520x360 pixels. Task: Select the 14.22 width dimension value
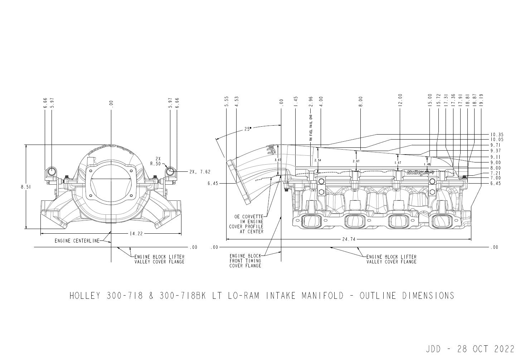pos(135,234)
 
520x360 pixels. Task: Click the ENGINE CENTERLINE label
pos(77,241)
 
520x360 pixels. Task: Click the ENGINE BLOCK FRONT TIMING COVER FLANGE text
pos(246,261)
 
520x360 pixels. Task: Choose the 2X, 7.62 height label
pos(200,172)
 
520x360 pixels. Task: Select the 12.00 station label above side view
pos(400,100)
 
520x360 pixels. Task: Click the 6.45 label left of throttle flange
pos(213,183)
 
